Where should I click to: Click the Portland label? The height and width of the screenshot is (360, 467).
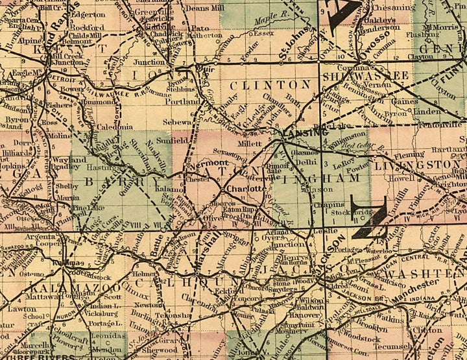coord(184,102)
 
